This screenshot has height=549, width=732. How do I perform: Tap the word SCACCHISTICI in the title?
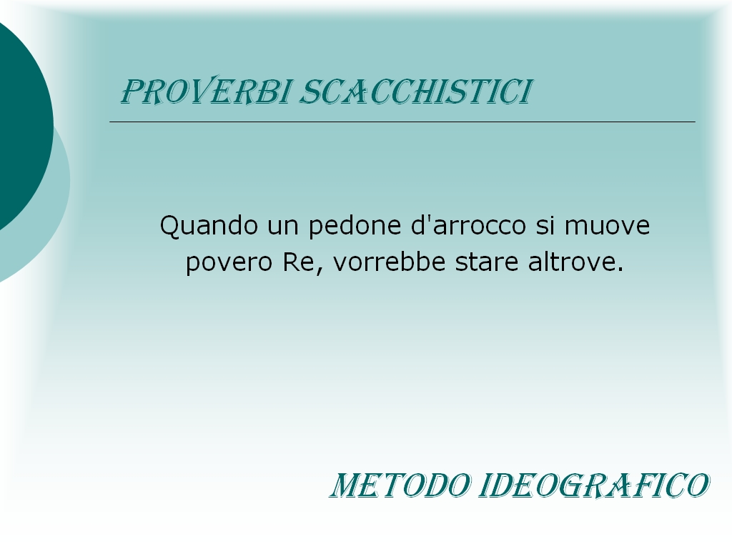tap(416, 91)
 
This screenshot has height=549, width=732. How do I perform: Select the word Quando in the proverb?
tap(209, 225)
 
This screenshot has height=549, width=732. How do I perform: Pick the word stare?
tap(487, 262)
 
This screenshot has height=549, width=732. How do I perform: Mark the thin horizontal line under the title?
tap(402, 122)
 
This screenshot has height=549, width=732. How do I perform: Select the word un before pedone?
tap(282, 227)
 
